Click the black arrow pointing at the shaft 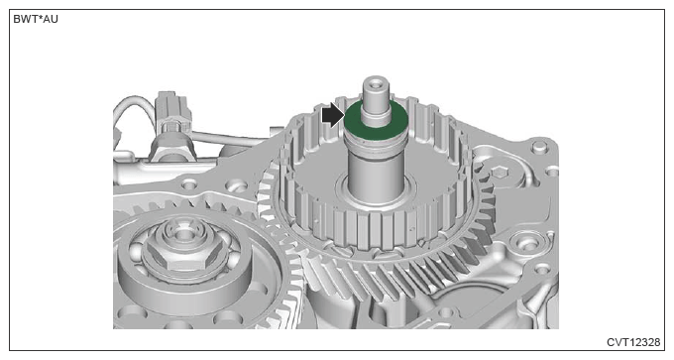pos(333,116)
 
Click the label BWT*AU pos(36,20)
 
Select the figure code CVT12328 pos(633,342)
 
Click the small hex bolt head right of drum pos(499,173)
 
